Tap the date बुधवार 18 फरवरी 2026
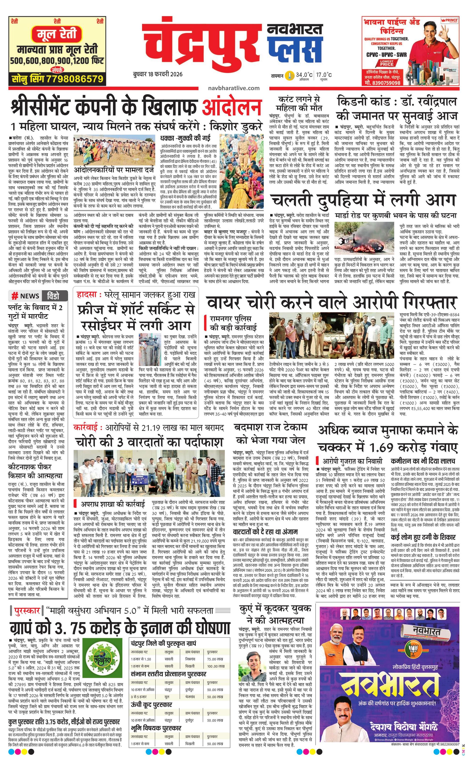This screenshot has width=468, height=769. point(157,74)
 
